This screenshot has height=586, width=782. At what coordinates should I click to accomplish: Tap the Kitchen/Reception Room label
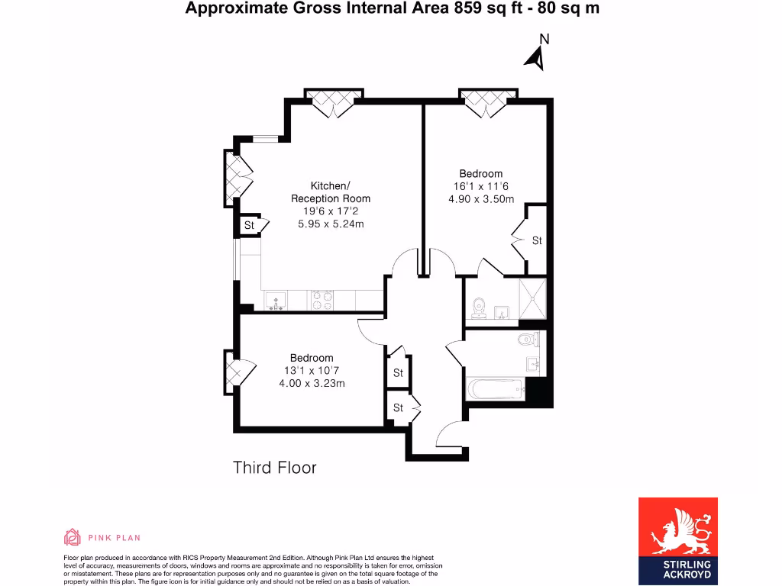(331, 192)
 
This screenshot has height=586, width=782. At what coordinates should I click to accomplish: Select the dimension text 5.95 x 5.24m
(331, 224)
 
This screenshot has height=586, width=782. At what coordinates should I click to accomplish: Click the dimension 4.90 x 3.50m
(481, 199)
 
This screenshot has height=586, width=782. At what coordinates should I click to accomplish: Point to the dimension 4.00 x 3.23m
(312, 383)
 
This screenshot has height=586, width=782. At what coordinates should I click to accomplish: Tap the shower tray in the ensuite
(533, 300)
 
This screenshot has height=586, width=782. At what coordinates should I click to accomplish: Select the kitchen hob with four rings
(322, 301)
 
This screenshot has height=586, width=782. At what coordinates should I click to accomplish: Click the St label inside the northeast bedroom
(537, 240)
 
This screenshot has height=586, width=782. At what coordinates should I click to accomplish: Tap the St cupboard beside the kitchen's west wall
(249, 225)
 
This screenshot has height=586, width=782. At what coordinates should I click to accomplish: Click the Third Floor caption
(274, 467)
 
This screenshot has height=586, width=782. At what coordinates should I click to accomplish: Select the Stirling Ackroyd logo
(677, 542)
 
